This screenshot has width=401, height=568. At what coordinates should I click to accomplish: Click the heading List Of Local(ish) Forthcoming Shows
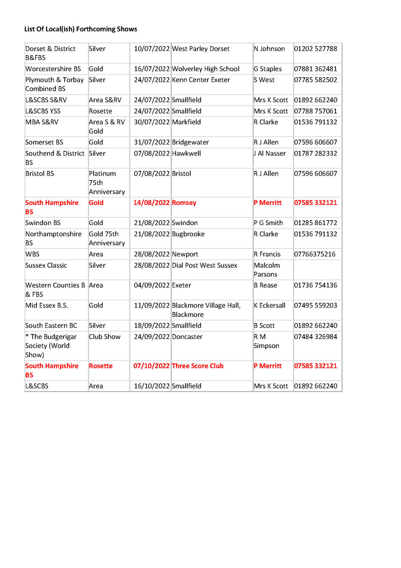click(x=81, y=29)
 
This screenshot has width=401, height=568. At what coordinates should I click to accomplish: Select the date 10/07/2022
click(x=152, y=49)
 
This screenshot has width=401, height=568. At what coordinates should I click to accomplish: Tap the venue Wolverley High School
click(x=206, y=69)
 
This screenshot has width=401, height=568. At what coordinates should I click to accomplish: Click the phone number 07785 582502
click(x=315, y=80)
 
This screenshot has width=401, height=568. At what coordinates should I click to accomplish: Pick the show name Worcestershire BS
click(x=53, y=69)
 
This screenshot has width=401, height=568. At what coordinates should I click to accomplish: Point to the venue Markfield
click(x=186, y=122)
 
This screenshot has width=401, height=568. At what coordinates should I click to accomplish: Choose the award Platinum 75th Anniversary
click(x=107, y=183)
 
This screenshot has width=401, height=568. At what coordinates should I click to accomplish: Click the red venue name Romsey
click(x=184, y=203)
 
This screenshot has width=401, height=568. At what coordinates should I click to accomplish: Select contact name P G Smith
click(x=268, y=223)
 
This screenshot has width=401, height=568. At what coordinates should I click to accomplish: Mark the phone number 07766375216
click(x=315, y=254)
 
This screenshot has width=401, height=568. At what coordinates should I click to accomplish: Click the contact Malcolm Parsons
click(x=267, y=270)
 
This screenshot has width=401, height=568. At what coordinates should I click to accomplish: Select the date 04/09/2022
click(x=152, y=285)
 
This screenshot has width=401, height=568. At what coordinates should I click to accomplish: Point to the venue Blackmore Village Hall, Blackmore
click(x=206, y=310)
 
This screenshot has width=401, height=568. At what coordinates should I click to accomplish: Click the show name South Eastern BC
click(x=51, y=326)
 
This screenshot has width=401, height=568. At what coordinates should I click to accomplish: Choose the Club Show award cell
click(x=105, y=337)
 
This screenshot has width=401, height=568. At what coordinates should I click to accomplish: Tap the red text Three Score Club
click(x=198, y=366)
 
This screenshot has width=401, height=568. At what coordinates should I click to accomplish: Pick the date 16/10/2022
click(x=152, y=386)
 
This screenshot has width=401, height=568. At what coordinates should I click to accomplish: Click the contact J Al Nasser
click(x=270, y=154)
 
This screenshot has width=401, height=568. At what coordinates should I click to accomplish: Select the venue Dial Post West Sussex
click(x=204, y=266)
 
